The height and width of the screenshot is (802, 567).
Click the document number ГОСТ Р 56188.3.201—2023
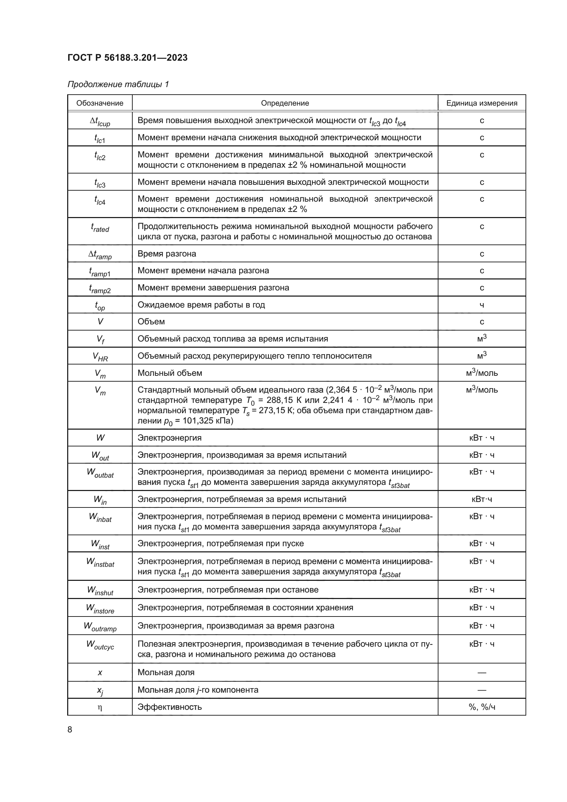128,58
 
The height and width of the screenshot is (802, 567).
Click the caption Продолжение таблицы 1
118,84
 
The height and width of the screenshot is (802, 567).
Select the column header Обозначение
100,103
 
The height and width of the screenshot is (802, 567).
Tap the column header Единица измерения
481,103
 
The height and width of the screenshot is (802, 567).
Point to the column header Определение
285,103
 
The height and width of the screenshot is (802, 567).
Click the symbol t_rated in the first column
100,228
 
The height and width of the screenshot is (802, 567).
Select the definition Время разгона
167,254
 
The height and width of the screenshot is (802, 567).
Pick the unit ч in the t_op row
482,305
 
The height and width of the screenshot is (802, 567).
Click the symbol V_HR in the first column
100,357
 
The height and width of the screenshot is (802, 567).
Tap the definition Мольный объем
170,373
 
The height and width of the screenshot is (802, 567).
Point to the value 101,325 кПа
206,421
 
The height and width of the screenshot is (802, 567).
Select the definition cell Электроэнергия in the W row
170,438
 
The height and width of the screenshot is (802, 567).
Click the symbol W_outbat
100,473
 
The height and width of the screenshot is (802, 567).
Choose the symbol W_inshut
100,591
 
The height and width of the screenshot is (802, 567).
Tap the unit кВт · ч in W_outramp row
482,626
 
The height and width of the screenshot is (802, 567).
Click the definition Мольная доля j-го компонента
197,690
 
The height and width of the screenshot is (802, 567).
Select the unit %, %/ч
482,707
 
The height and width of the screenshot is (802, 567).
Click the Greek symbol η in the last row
100,708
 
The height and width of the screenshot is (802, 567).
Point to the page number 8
70,730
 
